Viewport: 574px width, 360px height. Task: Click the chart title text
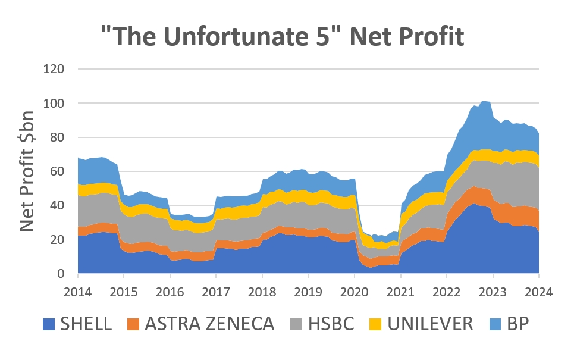pyautogui.click(x=282, y=37)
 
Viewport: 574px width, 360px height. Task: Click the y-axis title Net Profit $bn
pyautogui.click(x=27, y=171)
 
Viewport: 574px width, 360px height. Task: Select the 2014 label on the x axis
pyautogui.click(x=78, y=292)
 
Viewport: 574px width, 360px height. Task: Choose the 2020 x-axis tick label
pyautogui.click(x=355, y=292)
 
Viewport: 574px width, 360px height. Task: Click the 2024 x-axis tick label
pyautogui.click(x=539, y=292)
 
